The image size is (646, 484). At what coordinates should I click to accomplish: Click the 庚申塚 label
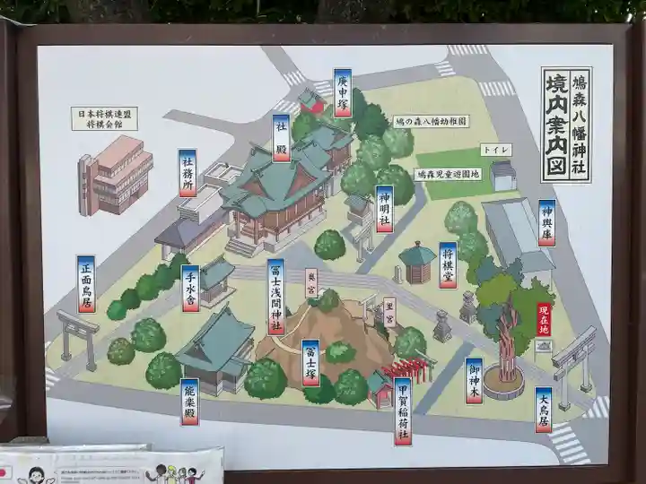coord(342,92)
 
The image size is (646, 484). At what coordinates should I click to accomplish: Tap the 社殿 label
coord(282,137)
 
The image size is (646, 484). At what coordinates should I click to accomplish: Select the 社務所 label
coord(188,174)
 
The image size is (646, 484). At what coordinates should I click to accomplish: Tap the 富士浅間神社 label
coord(276,296)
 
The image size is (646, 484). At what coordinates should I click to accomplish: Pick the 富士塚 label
coord(310,362)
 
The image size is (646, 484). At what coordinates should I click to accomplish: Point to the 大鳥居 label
coord(544,409)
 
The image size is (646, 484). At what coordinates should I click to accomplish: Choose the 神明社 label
coord(384,209)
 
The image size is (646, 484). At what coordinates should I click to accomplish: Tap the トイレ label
coord(496,149)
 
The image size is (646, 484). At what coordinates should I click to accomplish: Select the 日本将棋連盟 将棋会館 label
coord(104,118)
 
